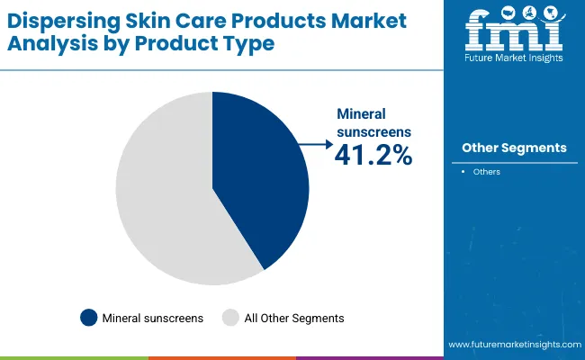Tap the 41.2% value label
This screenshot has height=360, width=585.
[373, 154]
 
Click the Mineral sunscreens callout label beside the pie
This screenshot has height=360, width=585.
[373, 123]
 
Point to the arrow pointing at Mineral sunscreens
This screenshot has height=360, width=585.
[315, 143]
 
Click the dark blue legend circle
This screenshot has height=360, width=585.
[88, 317]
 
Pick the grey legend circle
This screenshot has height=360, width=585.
[231, 317]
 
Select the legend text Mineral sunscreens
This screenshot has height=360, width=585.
[152, 318]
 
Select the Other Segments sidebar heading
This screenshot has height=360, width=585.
[514, 148]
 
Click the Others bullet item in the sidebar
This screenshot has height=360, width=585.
[487, 172]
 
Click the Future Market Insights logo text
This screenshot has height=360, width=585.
[514, 57]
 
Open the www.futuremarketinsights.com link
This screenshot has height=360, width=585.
[513, 345]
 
